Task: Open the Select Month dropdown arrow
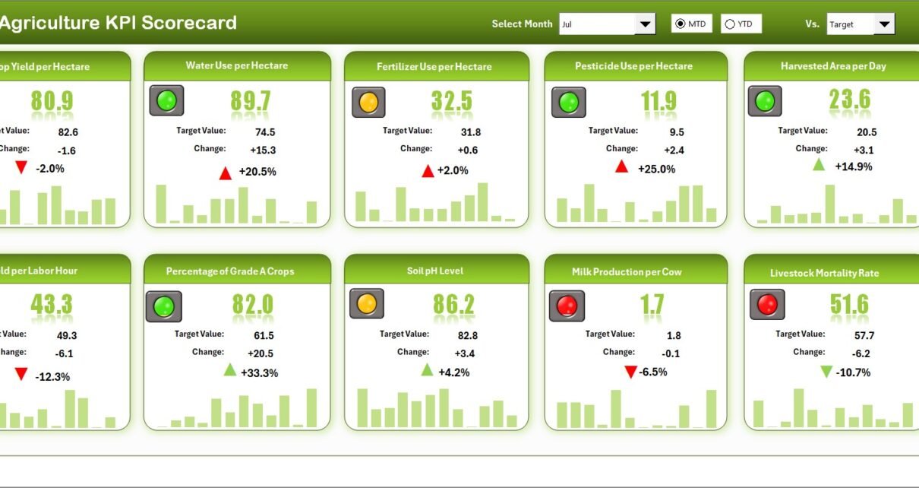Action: [646, 24]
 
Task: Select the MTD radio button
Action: [680, 24]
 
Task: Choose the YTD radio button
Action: [730, 24]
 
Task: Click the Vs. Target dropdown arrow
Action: [884, 24]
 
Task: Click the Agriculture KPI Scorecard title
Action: [118, 23]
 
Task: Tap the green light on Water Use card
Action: [166, 100]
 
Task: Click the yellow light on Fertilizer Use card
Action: [368, 102]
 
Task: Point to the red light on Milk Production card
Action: [567, 306]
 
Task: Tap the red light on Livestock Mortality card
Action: [767, 304]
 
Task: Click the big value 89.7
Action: [250, 101]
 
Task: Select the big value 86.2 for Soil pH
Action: [453, 305]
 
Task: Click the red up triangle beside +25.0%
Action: [621, 166]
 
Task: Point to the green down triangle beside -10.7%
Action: [826, 372]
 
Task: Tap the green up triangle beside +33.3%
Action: [230, 370]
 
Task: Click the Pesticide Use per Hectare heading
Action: [633, 66]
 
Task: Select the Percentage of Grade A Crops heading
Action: [230, 271]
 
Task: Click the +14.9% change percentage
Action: [854, 166]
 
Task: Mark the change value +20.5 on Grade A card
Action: [261, 353]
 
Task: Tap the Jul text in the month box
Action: [567, 24]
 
